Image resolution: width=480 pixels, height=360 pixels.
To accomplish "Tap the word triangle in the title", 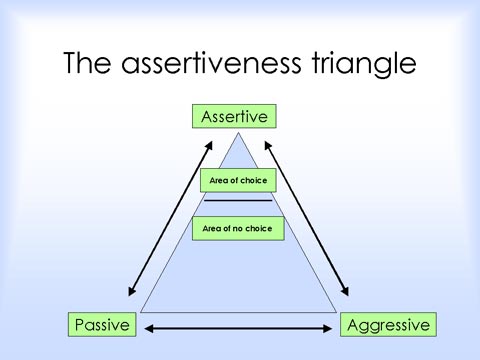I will pos(361,63).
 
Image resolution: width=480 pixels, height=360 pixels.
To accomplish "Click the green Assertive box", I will pos(235,117).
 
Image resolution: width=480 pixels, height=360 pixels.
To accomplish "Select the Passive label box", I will pos(102,325).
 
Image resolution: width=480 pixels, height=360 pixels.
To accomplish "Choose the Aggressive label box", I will pos(387,325).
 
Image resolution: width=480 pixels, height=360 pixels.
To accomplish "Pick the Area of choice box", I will pos(238,180).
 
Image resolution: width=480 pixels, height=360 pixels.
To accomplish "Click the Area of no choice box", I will pos(238,229).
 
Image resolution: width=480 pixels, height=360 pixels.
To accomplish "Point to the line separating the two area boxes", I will pos(238,201).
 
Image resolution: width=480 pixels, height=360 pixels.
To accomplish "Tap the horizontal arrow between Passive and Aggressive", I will pos(238,328).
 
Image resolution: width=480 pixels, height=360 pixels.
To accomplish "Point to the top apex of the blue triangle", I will pos(237,132).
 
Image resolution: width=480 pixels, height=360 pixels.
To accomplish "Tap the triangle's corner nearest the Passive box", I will pos(141,312).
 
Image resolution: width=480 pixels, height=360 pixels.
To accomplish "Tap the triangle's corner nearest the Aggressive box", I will pos(337,312).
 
